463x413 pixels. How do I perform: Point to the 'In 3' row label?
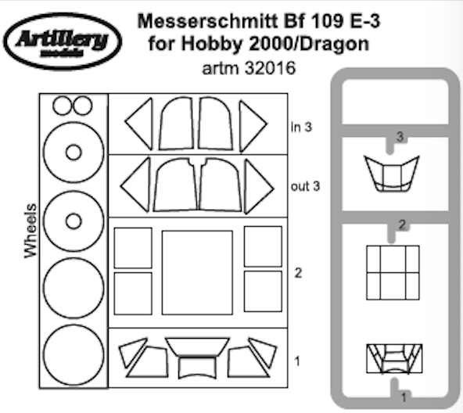coord(301,126)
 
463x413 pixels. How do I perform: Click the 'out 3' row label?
coord(306,186)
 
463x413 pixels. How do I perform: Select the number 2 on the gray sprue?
coord(401,225)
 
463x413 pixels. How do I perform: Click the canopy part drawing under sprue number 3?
coord(392,174)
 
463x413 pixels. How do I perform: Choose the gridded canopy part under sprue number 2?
coord(393,271)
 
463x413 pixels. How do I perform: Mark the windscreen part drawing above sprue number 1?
coord(393,357)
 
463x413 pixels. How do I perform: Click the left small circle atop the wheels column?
coord(61,106)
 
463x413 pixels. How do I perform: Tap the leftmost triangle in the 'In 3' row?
coord(139,124)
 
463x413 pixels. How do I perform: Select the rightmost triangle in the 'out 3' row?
coord(257,186)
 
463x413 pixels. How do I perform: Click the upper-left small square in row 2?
coord(133,246)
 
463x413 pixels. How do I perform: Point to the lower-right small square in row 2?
coord(262,292)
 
